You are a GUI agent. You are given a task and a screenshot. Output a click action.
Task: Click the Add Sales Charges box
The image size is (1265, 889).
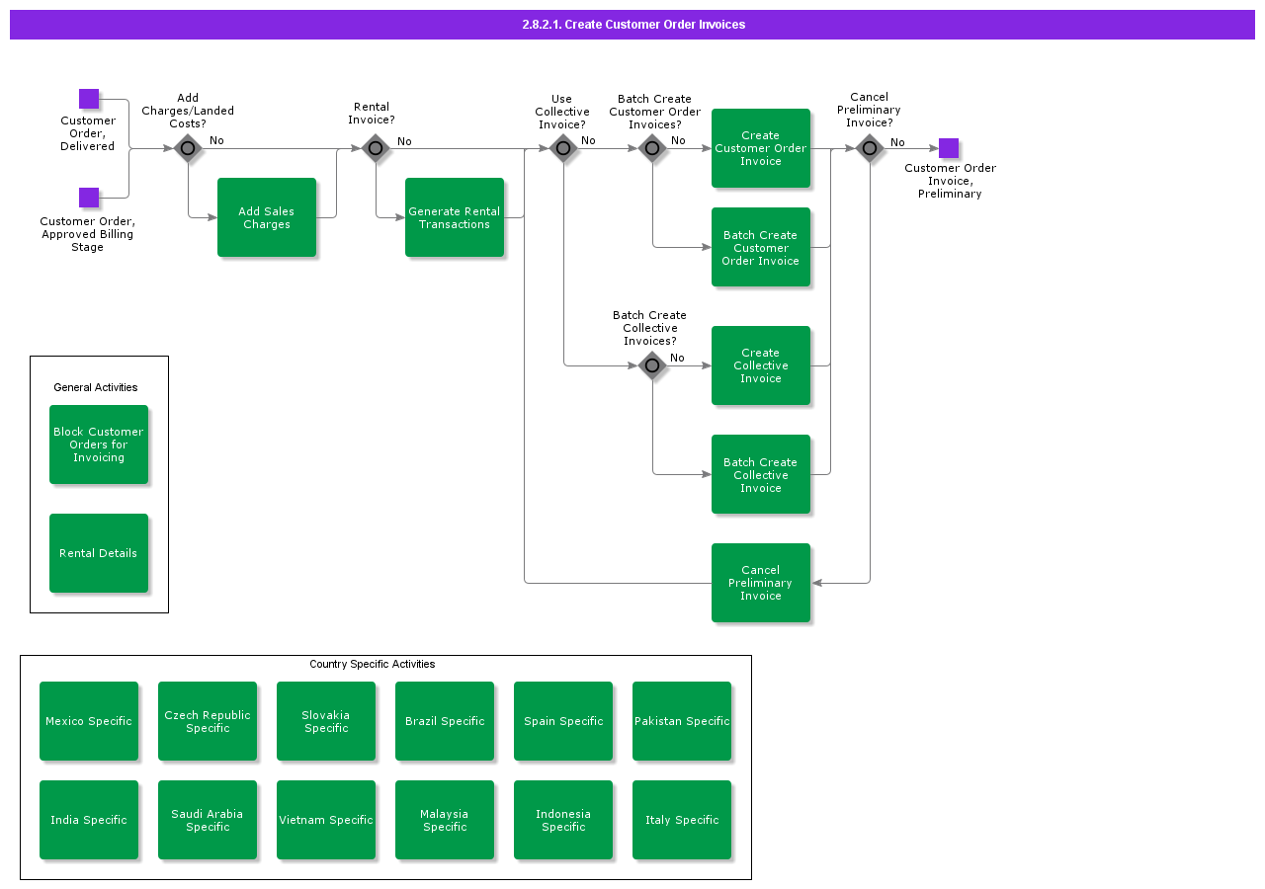(267, 217)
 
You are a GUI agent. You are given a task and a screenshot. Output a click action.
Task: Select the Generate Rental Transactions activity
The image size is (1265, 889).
(455, 217)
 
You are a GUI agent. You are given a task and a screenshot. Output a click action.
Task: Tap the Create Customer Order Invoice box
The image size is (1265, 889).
(761, 148)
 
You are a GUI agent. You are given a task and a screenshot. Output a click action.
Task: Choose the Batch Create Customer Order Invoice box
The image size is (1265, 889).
(761, 247)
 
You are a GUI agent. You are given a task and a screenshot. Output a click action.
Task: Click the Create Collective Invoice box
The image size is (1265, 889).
(761, 365)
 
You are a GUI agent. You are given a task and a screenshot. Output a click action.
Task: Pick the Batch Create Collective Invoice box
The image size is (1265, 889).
(761, 474)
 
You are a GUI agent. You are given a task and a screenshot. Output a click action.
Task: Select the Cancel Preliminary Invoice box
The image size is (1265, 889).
(761, 583)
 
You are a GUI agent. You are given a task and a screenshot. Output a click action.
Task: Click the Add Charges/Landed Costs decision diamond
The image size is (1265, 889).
(188, 149)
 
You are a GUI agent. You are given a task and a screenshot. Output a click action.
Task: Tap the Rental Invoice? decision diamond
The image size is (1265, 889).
(376, 149)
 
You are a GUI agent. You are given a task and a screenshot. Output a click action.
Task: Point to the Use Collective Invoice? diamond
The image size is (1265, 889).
(563, 149)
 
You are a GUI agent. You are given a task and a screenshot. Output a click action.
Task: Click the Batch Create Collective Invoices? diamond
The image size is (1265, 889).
(652, 366)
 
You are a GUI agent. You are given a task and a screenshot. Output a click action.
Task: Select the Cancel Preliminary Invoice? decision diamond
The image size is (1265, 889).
(870, 149)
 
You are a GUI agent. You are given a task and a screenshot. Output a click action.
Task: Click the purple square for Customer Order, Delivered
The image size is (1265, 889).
(89, 99)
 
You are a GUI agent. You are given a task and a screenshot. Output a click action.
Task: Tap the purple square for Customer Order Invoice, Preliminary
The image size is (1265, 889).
(949, 148)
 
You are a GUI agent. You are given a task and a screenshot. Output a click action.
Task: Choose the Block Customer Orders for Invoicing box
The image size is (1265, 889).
(99, 444)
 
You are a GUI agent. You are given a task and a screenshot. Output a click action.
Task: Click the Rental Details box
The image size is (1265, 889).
(99, 553)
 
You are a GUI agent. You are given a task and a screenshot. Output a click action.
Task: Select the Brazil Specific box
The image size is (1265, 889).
(445, 721)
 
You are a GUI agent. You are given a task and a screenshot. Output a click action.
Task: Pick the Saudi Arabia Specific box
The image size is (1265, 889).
(208, 820)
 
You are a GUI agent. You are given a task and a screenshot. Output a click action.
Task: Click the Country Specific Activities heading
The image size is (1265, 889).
(372, 664)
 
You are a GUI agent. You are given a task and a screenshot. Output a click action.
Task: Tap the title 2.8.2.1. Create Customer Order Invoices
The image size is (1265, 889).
(633, 25)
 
